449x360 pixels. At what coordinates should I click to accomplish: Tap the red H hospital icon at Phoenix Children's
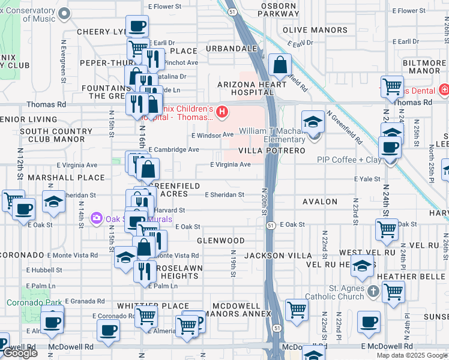coord(222,112)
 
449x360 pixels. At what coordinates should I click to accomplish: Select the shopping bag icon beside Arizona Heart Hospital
coord(280,65)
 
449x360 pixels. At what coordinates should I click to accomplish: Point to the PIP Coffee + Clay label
coord(349,160)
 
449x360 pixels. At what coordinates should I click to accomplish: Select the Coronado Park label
coord(28,302)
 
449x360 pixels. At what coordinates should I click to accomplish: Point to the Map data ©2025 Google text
coord(412,355)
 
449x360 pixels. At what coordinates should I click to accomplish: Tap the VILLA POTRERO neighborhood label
coord(272,151)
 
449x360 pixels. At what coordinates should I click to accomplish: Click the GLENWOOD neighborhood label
coord(221,241)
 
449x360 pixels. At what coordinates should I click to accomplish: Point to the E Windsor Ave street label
coord(212,135)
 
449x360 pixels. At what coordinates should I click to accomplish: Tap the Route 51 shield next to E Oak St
coord(271,225)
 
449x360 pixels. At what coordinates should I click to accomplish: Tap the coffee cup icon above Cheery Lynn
coord(137,26)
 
